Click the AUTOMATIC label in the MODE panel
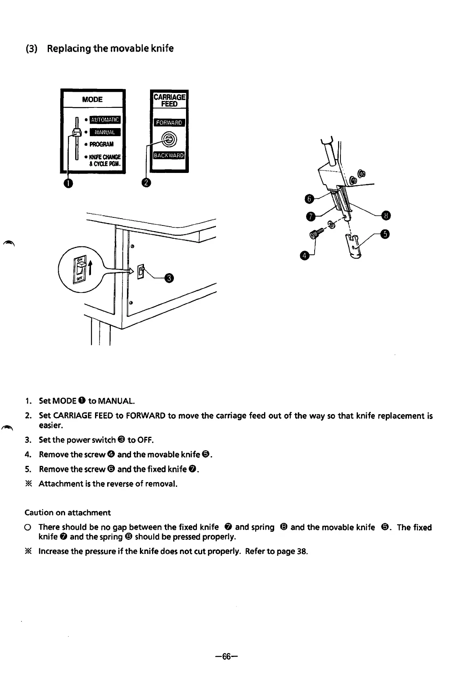105,120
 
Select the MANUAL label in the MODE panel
105,132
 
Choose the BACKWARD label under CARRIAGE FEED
169,156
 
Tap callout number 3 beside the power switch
170,278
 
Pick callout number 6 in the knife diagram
309,198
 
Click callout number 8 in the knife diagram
386,215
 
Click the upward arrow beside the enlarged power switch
91,267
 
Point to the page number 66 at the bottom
226,657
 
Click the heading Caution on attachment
68,513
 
